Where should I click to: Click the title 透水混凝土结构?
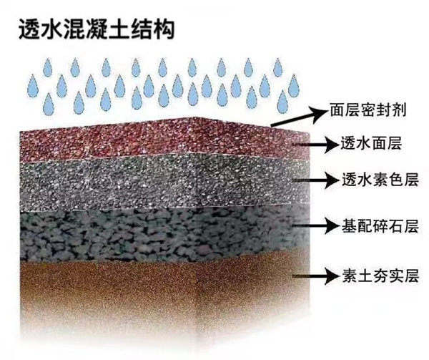97,29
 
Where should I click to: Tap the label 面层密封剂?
368,110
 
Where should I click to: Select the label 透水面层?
370,143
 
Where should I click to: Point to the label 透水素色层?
380,180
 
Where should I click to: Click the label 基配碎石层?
380,226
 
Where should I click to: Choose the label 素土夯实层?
380,276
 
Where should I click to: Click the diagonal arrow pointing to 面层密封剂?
300,116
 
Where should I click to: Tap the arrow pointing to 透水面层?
317,145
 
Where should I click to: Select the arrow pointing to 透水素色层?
317,180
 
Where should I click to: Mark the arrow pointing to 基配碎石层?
317,226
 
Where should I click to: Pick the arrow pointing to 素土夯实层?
317,276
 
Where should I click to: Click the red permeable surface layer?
164,140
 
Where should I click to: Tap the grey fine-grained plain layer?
164,182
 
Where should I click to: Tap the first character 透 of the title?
29,29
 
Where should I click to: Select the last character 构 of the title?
164,29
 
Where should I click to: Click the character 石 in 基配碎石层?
395,226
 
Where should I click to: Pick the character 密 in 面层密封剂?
368,110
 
